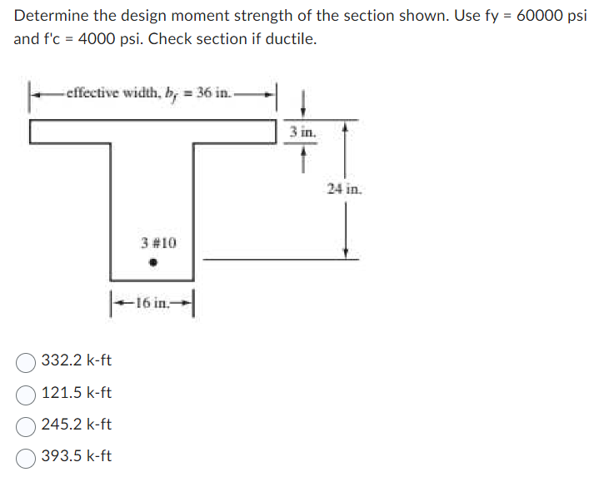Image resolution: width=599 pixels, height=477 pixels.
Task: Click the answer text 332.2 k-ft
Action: coord(77,361)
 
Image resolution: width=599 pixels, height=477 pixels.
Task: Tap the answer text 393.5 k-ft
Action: coord(77,456)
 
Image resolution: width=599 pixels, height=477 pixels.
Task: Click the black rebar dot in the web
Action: coord(152,264)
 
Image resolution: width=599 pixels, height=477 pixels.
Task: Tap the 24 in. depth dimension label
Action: coord(344,190)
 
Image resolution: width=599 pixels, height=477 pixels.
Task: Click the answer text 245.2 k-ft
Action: coord(77,425)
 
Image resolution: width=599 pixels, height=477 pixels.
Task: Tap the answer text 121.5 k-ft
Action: coord(77,393)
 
